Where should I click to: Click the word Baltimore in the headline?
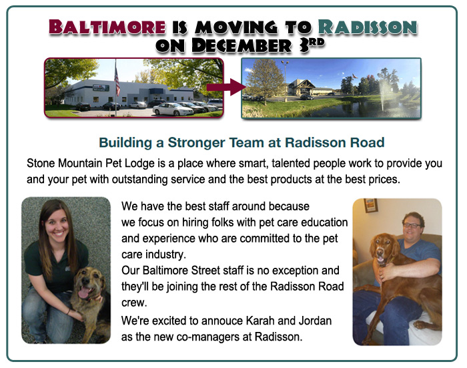tap(107, 27)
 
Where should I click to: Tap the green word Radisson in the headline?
tap(368, 27)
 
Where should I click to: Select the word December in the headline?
tap(242, 45)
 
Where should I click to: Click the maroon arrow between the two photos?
tap(226, 87)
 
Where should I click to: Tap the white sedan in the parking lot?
tap(173, 109)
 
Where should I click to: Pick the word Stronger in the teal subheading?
tap(196, 142)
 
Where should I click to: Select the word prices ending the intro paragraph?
tap(384, 180)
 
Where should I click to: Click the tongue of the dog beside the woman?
tap(83, 293)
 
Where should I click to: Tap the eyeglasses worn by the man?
tap(412, 225)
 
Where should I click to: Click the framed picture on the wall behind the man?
tap(371, 206)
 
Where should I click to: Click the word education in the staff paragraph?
tap(323, 222)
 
